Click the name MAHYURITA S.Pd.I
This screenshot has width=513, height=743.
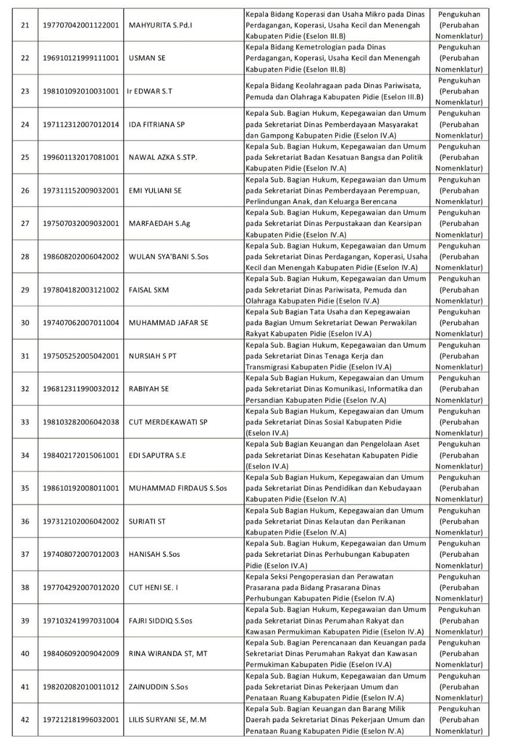(161, 25)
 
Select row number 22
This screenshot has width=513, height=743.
(25, 58)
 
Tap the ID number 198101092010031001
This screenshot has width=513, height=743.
(81, 91)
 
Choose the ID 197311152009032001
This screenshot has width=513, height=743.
(81, 190)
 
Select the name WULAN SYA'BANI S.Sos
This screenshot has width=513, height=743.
(168, 257)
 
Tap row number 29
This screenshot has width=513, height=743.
(25, 290)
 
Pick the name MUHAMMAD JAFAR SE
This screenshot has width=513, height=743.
(168, 323)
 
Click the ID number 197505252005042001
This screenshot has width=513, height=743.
(81, 356)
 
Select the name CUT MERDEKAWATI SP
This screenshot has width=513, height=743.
(168, 422)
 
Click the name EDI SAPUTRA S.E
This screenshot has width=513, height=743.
(157, 455)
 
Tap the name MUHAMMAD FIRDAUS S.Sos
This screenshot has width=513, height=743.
(178, 488)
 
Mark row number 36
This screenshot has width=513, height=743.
(25, 521)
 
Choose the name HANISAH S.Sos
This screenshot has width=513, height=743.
(154, 554)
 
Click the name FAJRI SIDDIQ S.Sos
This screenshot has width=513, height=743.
(160, 621)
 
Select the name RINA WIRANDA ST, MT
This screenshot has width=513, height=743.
(168, 654)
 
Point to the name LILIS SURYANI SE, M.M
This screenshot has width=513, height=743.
(168, 720)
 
